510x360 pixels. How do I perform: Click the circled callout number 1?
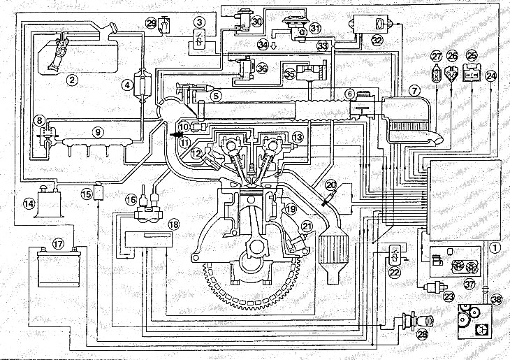click(x=495, y=246)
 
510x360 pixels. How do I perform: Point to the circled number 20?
click(x=332, y=185)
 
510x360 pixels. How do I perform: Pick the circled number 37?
click(x=469, y=283)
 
